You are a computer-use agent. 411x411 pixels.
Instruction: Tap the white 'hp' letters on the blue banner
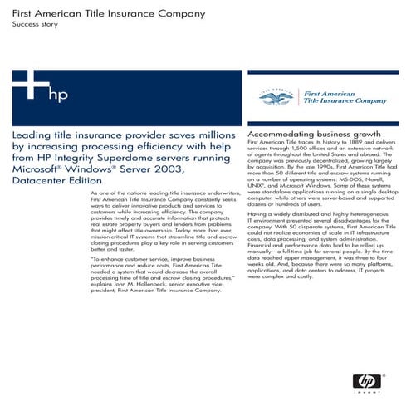click(x=58, y=94)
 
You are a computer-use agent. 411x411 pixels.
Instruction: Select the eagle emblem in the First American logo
click(x=275, y=98)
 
